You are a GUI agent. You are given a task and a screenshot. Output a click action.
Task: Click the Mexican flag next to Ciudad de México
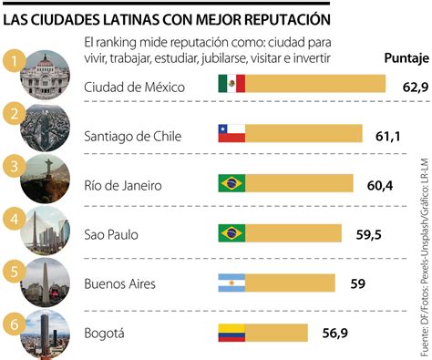click(231, 85)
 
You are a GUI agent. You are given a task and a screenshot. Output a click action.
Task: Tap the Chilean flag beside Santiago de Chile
click(231, 135)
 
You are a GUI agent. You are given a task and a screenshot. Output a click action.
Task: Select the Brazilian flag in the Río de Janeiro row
click(231, 184)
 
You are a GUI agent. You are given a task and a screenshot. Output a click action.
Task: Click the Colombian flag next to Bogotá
click(231, 334)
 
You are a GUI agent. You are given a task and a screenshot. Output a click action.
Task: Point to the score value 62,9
click(406, 86)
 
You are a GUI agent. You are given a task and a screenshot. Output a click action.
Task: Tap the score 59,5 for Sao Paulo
click(368, 235)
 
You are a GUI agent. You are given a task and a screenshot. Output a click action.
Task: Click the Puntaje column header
click(399, 60)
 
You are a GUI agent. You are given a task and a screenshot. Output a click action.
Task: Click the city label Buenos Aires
click(120, 284)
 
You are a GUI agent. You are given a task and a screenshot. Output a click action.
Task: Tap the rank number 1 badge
click(11, 60)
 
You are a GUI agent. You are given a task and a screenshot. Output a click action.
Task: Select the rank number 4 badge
click(11, 219)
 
